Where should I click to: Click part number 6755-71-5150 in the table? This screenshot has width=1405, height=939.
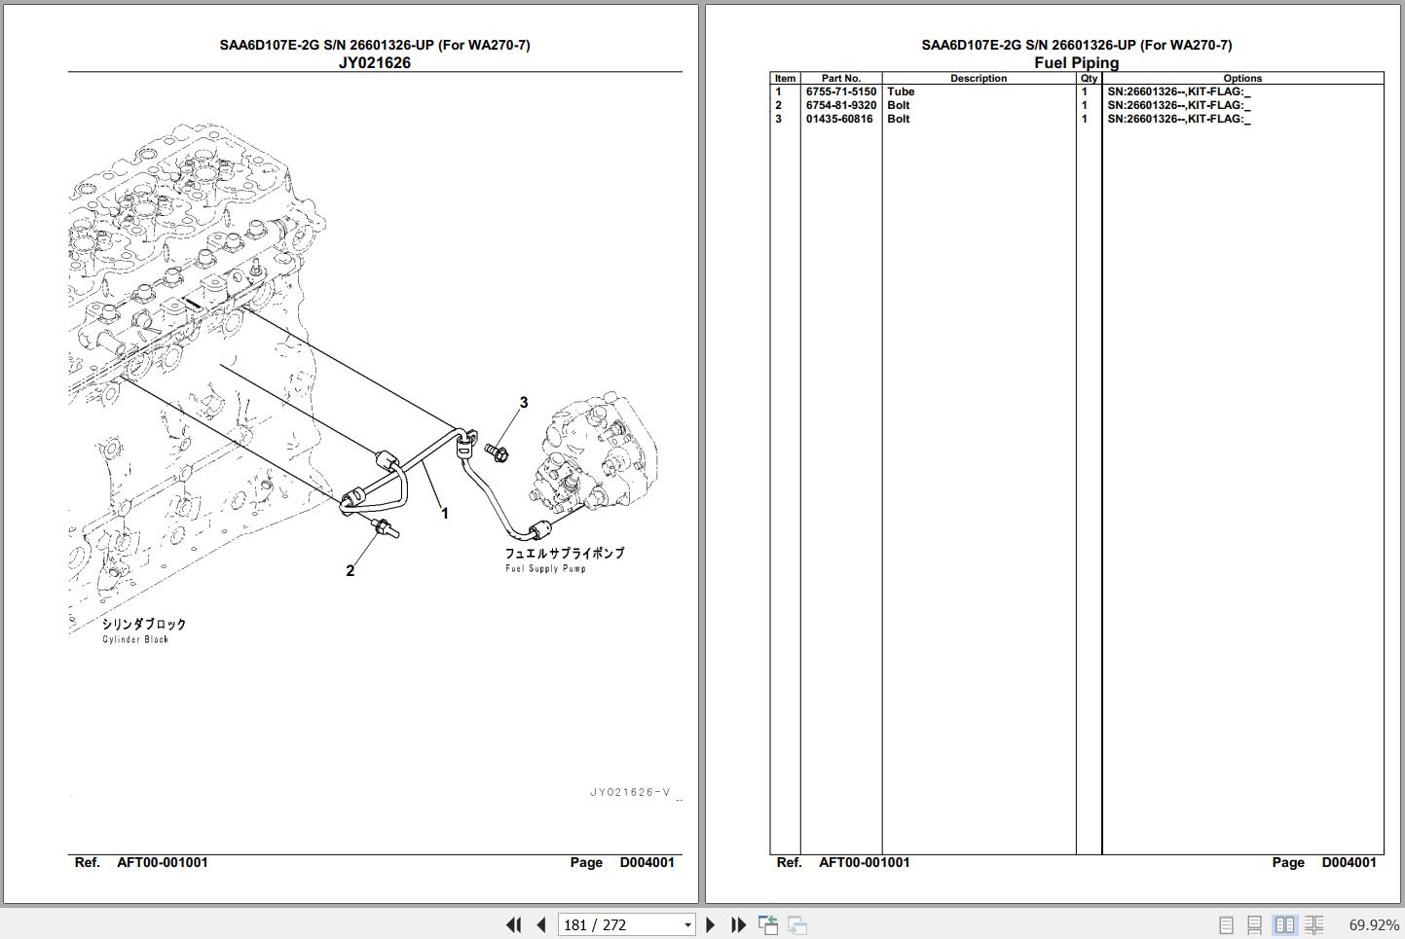click(x=841, y=91)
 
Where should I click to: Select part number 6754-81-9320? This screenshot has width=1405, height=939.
click(x=841, y=105)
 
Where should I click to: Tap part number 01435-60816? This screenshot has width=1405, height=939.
click(x=839, y=119)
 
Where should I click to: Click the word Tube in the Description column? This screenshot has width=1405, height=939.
click(x=901, y=91)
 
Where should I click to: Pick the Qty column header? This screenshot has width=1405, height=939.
click(x=1089, y=79)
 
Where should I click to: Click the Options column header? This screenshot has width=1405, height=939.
click(x=1242, y=79)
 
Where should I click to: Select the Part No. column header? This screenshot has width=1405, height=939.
click(x=841, y=79)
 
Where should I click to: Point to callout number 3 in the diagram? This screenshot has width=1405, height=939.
click(x=524, y=403)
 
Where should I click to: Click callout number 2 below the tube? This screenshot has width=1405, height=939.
click(x=350, y=570)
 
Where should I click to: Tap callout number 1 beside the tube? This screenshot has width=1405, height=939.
click(x=445, y=514)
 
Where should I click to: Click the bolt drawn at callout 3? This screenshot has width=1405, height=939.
click(x=497, y=451)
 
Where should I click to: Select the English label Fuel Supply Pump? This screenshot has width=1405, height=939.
click(x=545, y=568)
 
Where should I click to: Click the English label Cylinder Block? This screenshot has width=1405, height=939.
click(x=135, y=639)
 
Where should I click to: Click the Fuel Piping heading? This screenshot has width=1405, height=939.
click(x=1076, y=62)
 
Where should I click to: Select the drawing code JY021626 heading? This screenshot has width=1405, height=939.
click(x=375, y=62)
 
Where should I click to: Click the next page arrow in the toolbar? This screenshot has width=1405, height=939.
click(x=710, y=924)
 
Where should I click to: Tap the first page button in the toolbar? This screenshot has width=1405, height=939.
click(x=514, y=924)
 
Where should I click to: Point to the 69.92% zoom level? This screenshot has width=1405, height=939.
click(x=1374, y=924)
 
